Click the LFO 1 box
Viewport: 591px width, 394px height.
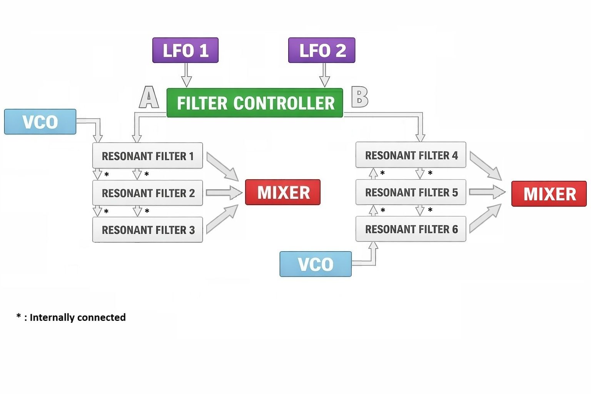coord(185,50)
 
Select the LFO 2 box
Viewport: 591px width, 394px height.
coord(322,50)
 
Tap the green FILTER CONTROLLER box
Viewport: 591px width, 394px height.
coord(255,103)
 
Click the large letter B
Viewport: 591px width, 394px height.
coord(360,97)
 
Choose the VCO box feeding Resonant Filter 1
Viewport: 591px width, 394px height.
coord(40,122)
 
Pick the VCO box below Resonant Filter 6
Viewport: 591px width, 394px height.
coord(316,264)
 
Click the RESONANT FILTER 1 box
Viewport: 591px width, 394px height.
coord(147,156)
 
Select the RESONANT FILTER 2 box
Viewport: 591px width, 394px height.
coord(147,193)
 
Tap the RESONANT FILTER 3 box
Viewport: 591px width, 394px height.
coord(147,230)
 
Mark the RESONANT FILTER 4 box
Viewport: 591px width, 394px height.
coord(411,155)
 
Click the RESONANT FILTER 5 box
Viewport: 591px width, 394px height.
coord(411,192)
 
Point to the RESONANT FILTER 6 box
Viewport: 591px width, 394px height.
coord(411,229)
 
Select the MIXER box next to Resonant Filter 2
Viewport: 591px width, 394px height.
coord(283,192)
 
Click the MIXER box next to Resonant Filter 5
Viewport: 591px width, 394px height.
coord(549,194)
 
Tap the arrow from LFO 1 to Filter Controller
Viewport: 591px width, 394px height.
coord(186,75)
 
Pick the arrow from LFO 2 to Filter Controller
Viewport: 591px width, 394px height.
coord(325,75)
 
